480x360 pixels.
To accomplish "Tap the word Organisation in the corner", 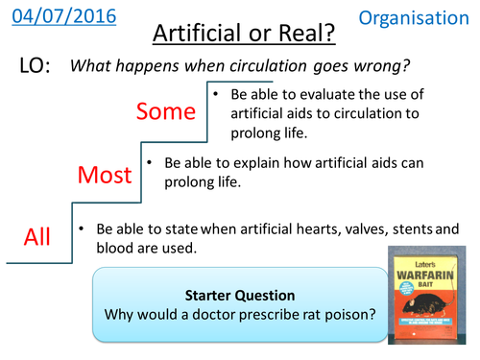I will tap(420, 17).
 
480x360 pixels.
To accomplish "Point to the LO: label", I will tap(38, 66).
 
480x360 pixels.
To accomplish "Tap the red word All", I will tap(37, 236).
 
